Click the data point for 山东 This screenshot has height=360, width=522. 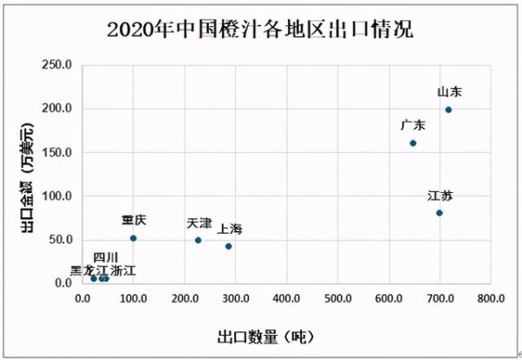tap(448, 110)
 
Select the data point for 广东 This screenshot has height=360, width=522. tap(413, 143)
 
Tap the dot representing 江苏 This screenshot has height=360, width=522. tap(439, 213)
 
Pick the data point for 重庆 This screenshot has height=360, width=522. tap(133, 238)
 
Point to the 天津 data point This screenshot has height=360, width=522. tap(198, 240)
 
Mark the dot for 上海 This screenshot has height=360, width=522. tap(229, 246)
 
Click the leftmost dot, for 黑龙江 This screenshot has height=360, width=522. tap(94, 278)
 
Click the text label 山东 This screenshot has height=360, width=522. tap(449, 91)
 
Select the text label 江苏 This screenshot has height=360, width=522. tap(440, 195)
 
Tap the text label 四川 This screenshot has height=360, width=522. tap(104, 257)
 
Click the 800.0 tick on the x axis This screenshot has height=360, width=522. tap(491, 298)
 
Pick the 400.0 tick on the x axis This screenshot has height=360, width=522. tap(286, 298)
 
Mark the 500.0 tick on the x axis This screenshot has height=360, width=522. tap(338, 298)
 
